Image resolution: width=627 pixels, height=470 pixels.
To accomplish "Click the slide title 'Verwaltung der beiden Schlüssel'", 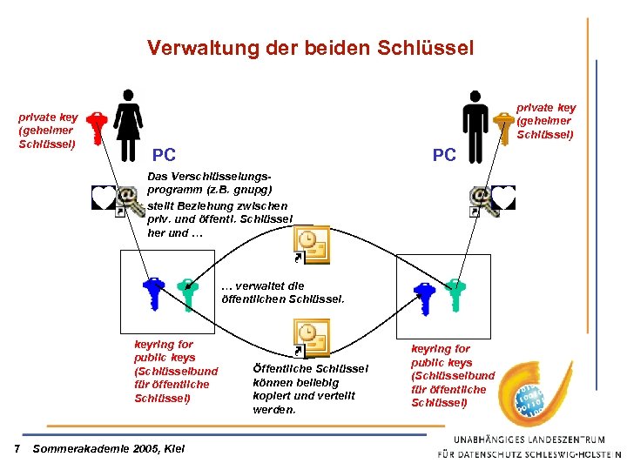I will [310, 48].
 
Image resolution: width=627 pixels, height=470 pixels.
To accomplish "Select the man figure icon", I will [476, 124].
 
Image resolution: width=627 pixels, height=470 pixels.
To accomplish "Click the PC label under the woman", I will [164, 156].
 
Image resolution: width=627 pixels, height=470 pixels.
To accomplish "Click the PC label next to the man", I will [444, 155].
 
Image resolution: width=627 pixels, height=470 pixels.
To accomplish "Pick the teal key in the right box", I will [454, 294].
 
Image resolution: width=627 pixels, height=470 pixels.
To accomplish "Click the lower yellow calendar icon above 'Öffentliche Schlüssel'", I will [311, 338].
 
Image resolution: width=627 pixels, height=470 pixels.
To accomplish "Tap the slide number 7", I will [17, 448].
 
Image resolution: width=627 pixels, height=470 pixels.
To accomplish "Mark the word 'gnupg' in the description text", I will [254, 189].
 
